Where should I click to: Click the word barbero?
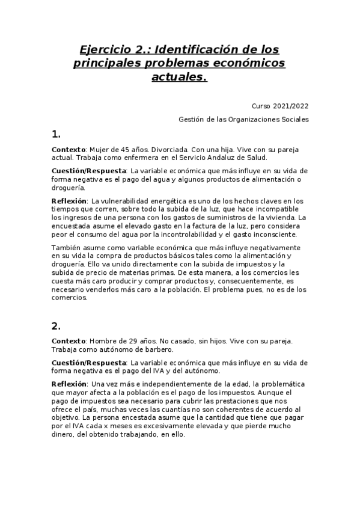158,349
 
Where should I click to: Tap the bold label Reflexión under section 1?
69,200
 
